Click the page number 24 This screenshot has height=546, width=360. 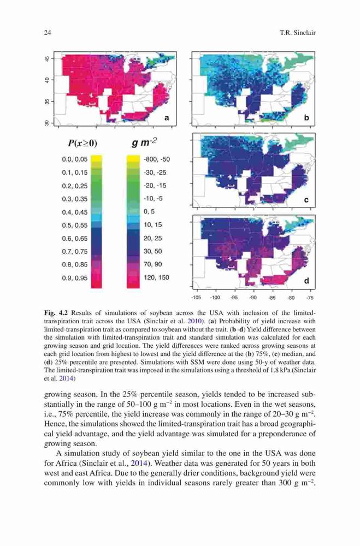coord(48,33)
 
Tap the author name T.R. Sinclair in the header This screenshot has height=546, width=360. coord(297,33)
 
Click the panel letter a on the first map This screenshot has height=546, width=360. coord(167,118)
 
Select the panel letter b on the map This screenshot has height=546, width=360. coord(306,118)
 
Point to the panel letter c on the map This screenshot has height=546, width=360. coord(306,200)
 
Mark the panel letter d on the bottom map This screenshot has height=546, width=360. coord(306,280)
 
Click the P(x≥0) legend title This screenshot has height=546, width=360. coord(82,143)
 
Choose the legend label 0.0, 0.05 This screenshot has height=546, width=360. coord(75,159)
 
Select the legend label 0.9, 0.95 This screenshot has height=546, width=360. coord(75,278)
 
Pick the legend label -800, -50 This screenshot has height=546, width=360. coord(157,159)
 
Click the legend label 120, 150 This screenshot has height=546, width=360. coord(156,277)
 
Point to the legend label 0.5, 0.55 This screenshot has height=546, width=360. coord(75,225)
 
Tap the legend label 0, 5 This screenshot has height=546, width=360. coord(149,212)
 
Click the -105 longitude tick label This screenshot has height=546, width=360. coord(196,298)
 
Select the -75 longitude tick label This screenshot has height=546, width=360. coord(310,298)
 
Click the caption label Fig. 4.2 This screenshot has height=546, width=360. coord(55,313)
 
